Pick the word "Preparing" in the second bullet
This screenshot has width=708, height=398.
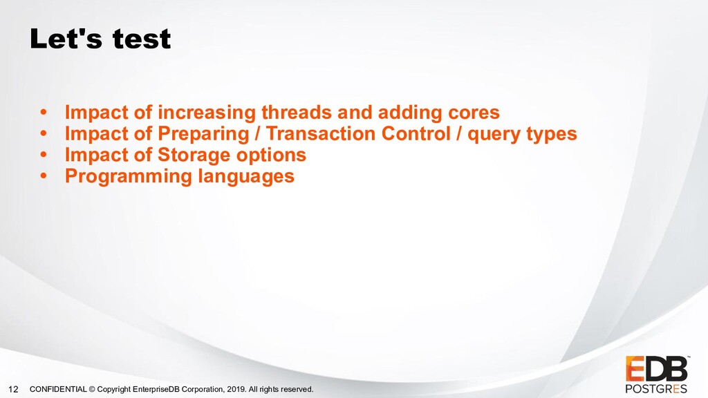point(203,134)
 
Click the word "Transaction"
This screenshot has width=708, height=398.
point(321,133)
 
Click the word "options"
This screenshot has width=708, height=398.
point(271,155)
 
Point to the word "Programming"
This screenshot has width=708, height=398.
point(129,176)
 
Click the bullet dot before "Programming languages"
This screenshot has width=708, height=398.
point(44,176)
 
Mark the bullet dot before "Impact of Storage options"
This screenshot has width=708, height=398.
point(44,155)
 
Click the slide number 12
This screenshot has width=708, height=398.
point(14,389)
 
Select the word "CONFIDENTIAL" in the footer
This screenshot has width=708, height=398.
point(58,389)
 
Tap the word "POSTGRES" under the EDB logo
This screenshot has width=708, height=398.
point(656,388)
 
